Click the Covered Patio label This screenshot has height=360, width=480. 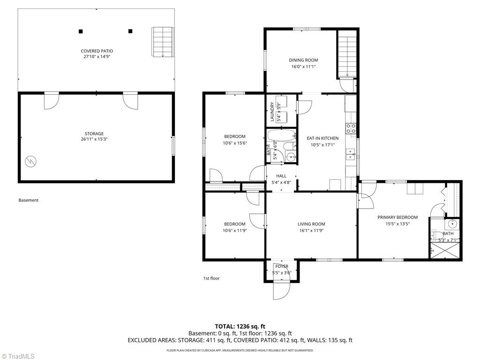point(97,51)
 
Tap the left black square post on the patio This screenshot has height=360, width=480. point(81,31)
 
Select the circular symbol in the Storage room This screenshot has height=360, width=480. point(30,161)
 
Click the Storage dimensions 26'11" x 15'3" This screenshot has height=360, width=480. point(94,139)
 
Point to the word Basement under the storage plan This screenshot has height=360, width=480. point(29,200)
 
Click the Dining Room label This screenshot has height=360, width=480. point(303,60)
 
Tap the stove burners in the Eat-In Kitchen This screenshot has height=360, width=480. point(351,128)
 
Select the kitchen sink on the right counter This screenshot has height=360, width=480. point(350,154)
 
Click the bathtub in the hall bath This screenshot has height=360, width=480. point(281,135)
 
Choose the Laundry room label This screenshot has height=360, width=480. point(272,112)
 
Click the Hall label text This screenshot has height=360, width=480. point(281,176)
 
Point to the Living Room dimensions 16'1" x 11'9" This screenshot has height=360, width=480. point(311,231)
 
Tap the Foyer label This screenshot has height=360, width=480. point(282,266)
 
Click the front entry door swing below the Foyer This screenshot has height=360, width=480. point(282,291)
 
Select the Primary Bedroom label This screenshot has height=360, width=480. point(397,217)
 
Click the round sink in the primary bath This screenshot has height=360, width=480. point(452,224)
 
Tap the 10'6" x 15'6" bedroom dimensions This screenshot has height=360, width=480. point(235,143)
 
